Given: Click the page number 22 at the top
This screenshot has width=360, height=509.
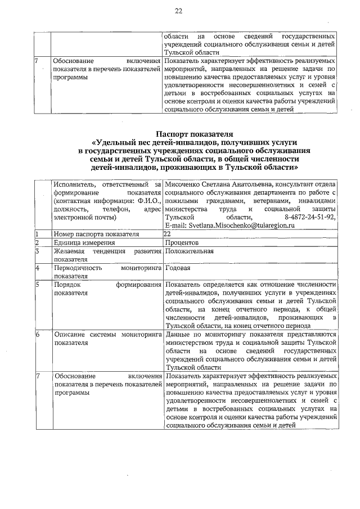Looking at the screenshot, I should point(179,11).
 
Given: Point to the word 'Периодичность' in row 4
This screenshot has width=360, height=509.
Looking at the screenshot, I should point(77,268).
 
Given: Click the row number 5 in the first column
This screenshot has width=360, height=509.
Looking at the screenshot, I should point(37,285).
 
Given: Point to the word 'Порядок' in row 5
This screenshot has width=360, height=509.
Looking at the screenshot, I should point(66,285).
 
